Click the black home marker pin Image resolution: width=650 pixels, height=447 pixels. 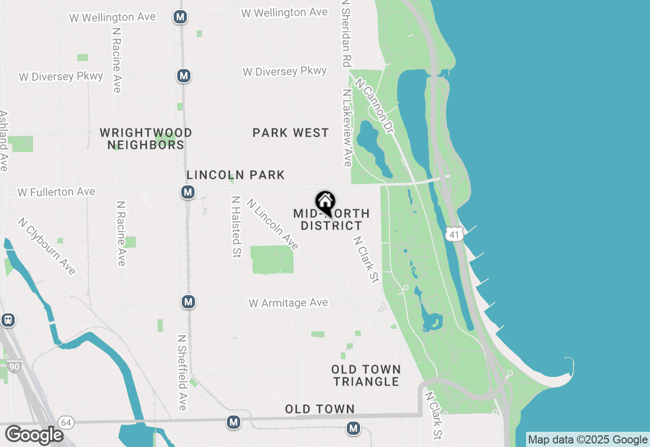click(324, 202)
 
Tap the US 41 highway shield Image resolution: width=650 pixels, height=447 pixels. click(453, 234)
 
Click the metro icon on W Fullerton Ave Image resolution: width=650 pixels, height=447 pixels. click(188, 192)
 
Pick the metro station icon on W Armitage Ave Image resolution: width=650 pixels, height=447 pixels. click(188, 302)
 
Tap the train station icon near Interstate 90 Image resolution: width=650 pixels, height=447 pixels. click(8, 320)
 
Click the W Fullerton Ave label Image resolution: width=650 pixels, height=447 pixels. click(56, 192)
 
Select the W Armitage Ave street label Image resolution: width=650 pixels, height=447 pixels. click(288, 303)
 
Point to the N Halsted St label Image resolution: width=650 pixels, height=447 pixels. click(235, 227)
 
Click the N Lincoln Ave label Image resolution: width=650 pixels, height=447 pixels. click(273, 224)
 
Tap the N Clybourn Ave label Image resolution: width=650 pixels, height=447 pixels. click(46, 246)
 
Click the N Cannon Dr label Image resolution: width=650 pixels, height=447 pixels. click(375, 106)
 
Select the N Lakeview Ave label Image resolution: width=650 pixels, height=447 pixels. click(347, 128)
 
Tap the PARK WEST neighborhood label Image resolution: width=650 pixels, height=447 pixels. click(291, 133)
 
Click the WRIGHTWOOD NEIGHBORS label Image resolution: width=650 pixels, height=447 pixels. click(146, 139)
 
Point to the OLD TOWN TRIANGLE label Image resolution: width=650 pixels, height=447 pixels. click(366, 375)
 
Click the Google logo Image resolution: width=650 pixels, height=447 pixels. click(34, 435)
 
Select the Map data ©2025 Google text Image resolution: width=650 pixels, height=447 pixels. click(588, 440)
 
